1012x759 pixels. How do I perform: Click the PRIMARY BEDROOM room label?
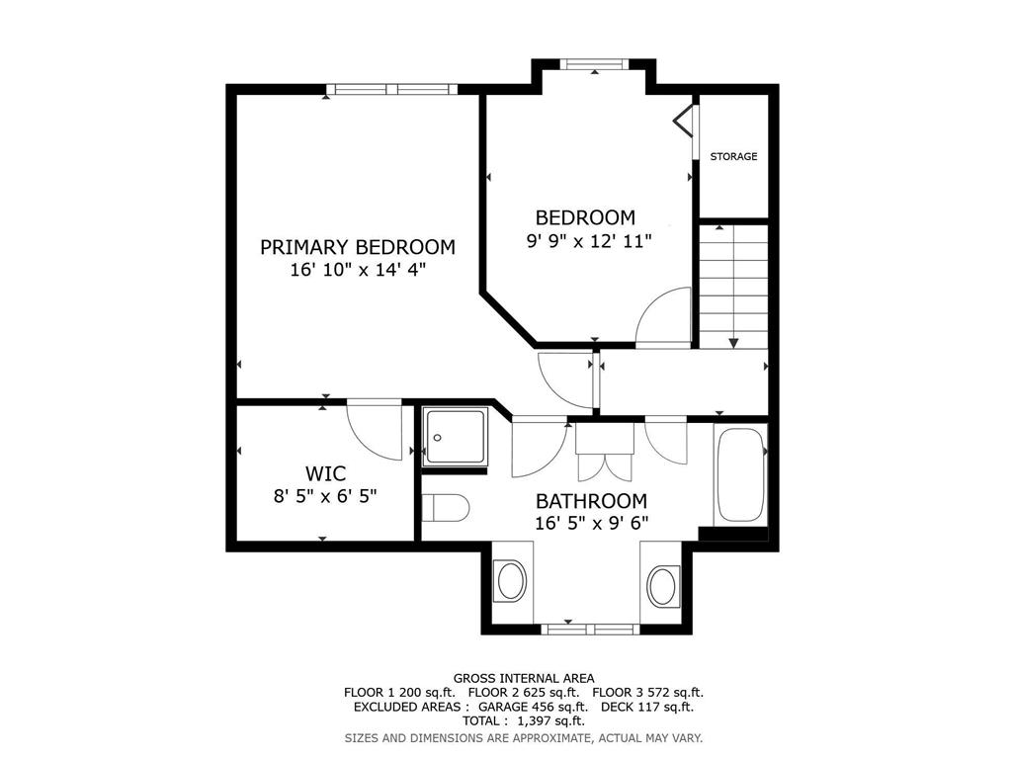(358, 247)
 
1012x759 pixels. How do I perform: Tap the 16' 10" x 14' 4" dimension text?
(358, 270)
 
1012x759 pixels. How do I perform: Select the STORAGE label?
(734, 156)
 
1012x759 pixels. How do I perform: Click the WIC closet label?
(325, 473)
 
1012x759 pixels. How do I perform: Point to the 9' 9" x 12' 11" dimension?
(589, 241)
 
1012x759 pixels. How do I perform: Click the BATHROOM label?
(591, 501)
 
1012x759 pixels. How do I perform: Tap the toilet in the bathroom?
(446, 508)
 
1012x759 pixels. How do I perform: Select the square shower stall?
(455, 437)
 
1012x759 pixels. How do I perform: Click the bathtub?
(740, 474)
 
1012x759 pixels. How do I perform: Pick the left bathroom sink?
(511, 581)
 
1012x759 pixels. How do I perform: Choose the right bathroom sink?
(663, 585)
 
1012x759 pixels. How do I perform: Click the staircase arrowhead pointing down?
(734, 343)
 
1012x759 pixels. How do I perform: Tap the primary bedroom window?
(391, 89)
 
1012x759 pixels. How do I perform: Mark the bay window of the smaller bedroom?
(594, 64)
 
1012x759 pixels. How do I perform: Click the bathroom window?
(590, 630)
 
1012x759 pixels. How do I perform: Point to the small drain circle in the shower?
(438, 438)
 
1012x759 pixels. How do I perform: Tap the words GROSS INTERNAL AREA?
(524, 678)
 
